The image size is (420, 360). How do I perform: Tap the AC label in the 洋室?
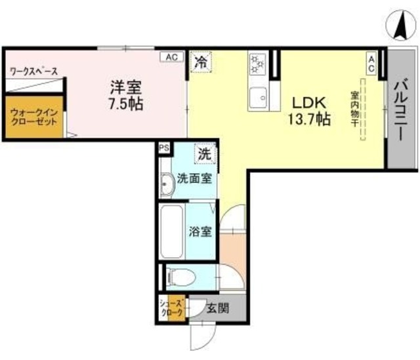(x=171, y=57)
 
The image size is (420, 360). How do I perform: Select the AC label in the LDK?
(x=371, y=63)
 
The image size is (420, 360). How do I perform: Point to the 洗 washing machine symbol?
(x=204, y=155)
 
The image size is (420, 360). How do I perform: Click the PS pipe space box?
(x=164, y=148)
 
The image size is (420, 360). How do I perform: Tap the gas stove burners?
(x=257, y=64)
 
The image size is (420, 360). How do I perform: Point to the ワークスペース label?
(x=33, y=71)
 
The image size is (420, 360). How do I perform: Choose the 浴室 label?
(x=200, y=231)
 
